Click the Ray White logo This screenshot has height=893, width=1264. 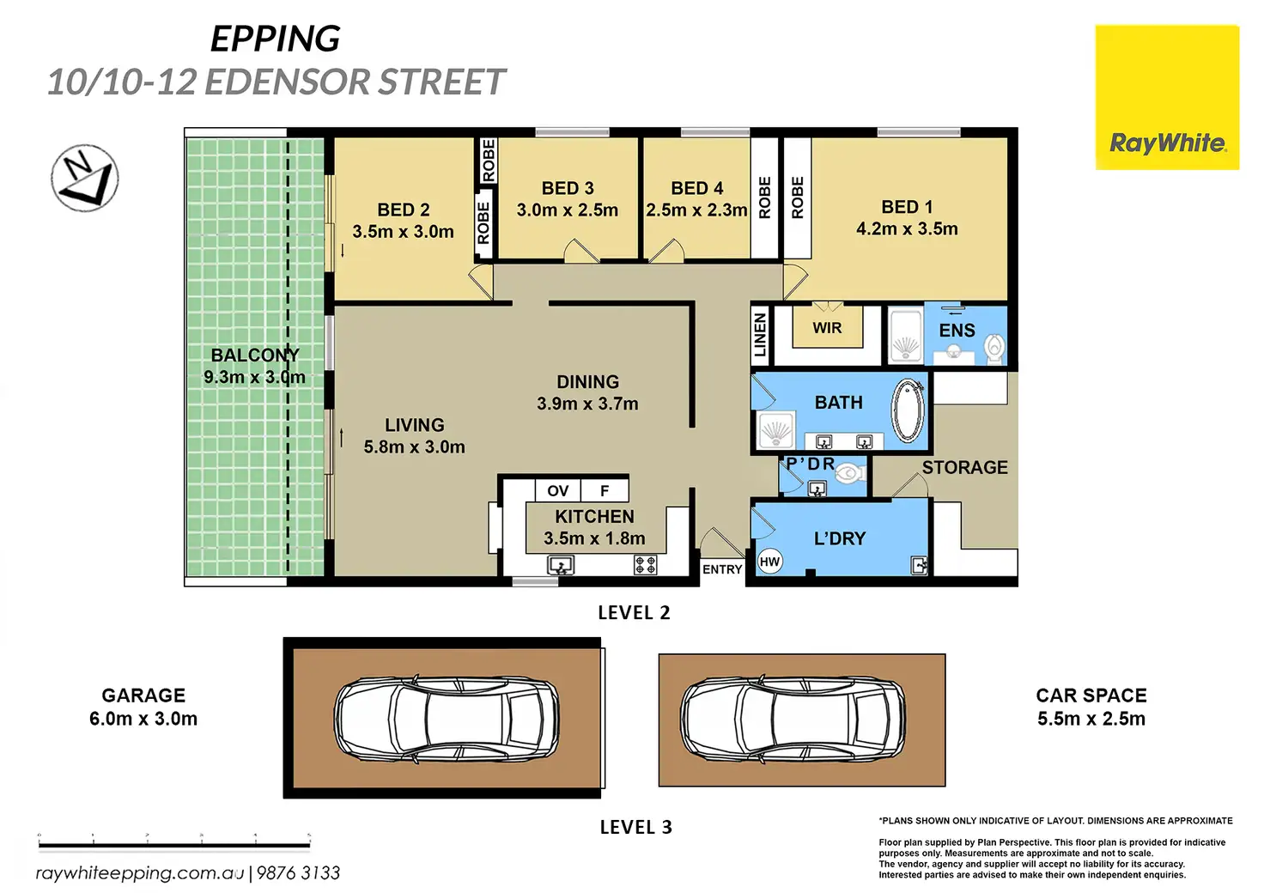(1167, 97)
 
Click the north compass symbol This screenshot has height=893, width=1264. (85, 179)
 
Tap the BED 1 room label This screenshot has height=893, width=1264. (907, 207)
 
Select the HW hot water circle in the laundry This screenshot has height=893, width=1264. (769, 562)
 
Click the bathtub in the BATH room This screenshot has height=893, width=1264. (908, 410)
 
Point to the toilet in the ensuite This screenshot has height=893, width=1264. (995, 348)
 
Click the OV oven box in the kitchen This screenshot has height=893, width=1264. (557, 491)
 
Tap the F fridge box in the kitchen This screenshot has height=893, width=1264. (605, 491)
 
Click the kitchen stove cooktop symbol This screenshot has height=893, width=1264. (646, 565)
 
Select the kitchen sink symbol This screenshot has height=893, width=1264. (561, 565)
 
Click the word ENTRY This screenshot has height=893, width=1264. (721, 570)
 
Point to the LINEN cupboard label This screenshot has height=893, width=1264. (760, 335)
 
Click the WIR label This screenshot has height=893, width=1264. (827, 328)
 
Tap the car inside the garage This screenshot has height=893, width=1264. (447, 720)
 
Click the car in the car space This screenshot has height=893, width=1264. (793, 720)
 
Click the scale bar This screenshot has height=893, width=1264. (174, 845)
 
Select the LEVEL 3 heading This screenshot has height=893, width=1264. (636, 827)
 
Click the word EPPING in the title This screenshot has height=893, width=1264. (276, 39)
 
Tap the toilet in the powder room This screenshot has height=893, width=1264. (849, 473)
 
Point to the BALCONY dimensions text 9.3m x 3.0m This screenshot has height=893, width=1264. (254, 377)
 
